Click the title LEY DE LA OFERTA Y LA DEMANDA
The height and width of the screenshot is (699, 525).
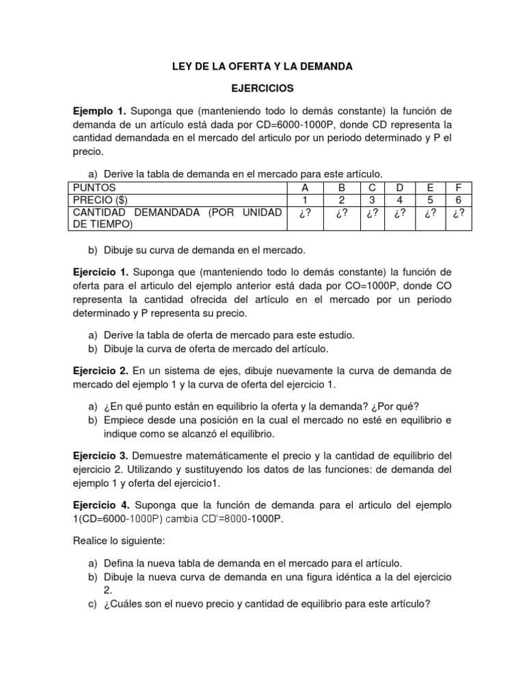pyautogui.click(x=262, y=67)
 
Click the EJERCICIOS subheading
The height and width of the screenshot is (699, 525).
pyautogui.click(x=262, y=89)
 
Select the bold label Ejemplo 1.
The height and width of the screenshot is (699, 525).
pyautogui.click(x=100, y=111)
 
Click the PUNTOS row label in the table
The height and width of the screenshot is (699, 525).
pyautogui.click(x=94, y=188)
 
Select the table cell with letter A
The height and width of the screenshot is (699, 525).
pyautogui.click(x=306, y=188)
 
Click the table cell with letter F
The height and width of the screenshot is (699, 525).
pyautogui.click(x=458, y=188)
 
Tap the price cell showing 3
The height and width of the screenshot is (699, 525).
pyautogui.click(x=372, y=200)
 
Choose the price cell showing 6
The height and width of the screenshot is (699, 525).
pyautogui.click(x=458, y=200)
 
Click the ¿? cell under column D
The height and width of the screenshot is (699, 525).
pyautogui.click(x=401, y=213)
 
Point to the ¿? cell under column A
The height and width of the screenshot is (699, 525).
pyautogui.click(x=306, y=213)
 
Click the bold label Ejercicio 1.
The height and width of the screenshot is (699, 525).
pyautogui.click(x=100, y=272)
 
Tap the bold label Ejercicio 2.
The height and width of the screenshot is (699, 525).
pyautogui.click(x=100, y=371)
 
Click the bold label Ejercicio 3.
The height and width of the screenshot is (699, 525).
pyautogui.click(x=100, y=455)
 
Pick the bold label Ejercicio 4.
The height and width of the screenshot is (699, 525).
pyautogui.click(x=100, y=505)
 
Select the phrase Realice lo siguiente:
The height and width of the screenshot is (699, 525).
pyautogui.click(x=118, y=541)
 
